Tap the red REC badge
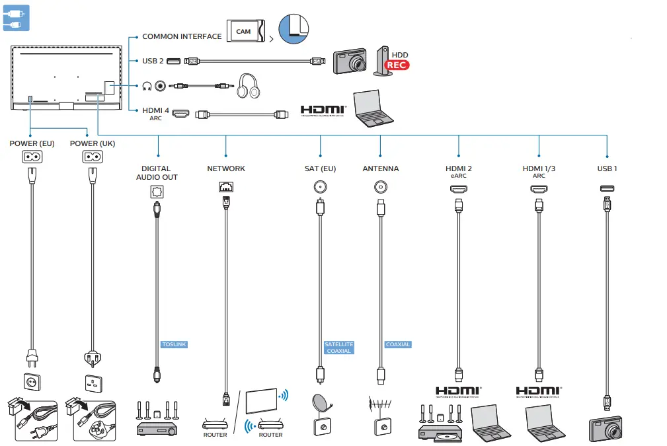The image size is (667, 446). [x=397, y=65]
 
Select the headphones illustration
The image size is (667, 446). [x=248, y=86]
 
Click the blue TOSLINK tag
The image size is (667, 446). [x=175, y=344]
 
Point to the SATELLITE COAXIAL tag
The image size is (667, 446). [x=338, y=348]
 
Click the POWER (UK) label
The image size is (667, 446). [x=93, y=143]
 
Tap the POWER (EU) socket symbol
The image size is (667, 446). [x=32, y=157]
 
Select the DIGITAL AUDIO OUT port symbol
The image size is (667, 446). [x=157, y=191]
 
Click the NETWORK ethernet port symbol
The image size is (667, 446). [x=226, y=187]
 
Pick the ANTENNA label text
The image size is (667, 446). [x=381, y=168]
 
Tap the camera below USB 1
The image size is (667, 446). [x=606, y=429]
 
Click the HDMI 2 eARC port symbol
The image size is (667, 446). [x=458, y=189]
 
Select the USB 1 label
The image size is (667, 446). [x=606, y=168]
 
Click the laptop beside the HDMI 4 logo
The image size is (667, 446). [x=373, y=108]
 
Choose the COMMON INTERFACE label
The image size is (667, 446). [x=182, y=36]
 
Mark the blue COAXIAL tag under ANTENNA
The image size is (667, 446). [x=398, y=344]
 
